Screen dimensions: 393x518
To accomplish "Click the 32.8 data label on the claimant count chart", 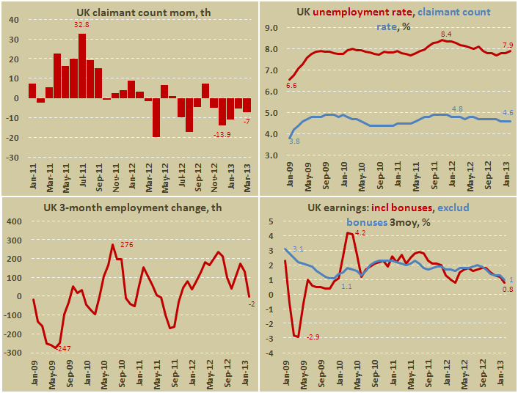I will click(81, 26).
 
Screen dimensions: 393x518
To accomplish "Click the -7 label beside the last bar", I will click(247, 121).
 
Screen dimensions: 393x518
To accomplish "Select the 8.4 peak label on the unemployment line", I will click(445, 34).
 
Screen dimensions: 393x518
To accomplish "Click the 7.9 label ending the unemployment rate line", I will click(506, 43).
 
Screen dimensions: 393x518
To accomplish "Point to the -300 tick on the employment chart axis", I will click(14, 353).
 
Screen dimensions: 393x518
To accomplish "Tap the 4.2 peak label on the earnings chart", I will click(359, 233).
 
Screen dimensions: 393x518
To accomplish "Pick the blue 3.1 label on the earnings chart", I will click(297, 249).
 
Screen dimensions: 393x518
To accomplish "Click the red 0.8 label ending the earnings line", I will click(506, 290).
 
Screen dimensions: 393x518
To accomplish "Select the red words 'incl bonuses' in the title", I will click(414, 207).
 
